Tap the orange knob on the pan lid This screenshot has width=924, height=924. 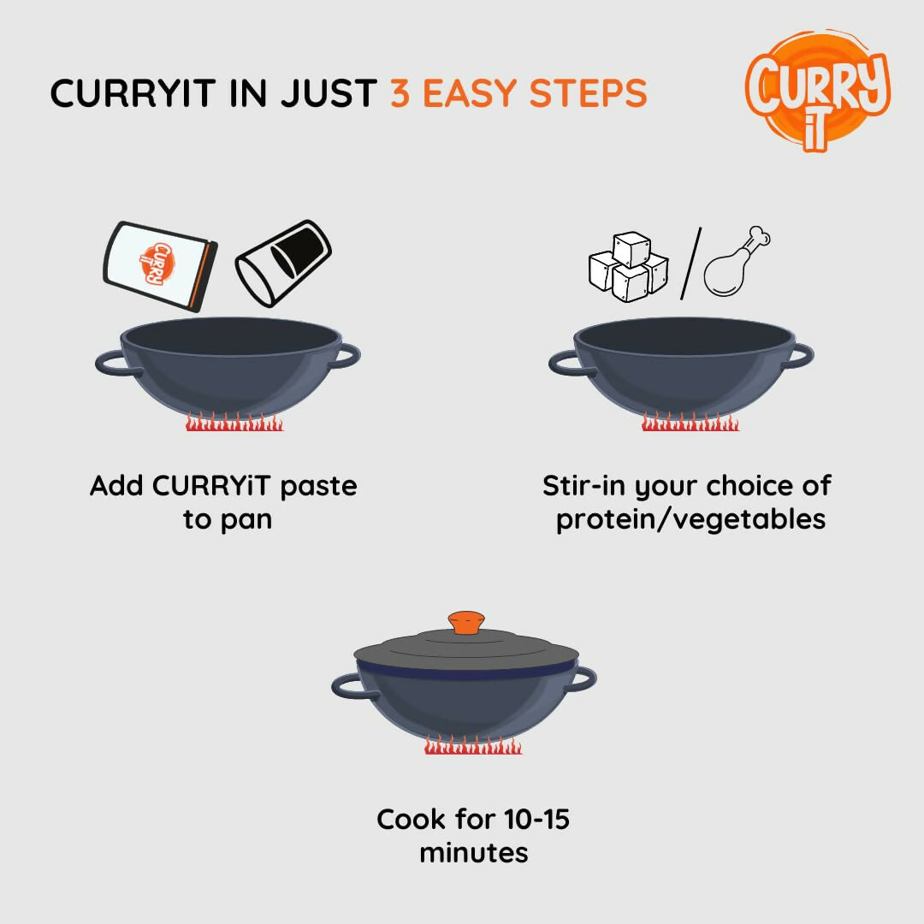click(465, 622)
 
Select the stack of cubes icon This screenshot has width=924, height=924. click(628, 266)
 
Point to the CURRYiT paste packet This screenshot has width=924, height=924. click(160, 265)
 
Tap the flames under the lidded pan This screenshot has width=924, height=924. click(473, 746)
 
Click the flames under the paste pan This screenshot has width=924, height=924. click(234, 423)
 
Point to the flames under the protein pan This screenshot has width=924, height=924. click(690, 423)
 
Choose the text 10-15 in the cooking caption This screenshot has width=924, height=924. click(535, 820)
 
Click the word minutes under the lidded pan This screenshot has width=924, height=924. click(473, 853)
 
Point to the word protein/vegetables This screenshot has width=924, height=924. click(690, 519)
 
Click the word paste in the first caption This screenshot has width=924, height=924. click(318, 486)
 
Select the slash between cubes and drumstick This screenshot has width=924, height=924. click(687, 264)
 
